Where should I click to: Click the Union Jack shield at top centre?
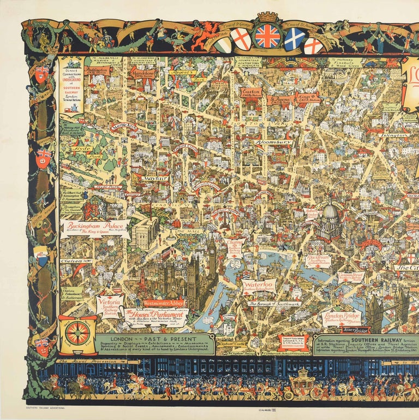267,36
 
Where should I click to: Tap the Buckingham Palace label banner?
96,228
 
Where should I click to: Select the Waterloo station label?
259,286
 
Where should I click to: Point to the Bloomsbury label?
272,142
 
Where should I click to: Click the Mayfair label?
155,178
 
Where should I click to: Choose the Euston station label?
251,92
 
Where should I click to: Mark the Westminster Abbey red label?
164,302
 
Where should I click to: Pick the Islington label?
391,134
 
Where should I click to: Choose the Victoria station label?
109,306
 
